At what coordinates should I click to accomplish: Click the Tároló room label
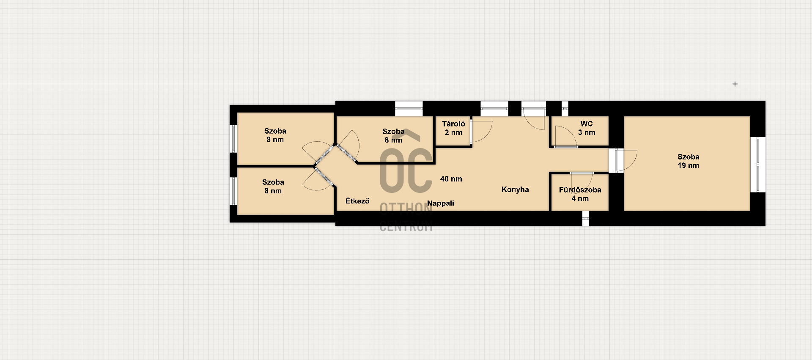click(453, 124)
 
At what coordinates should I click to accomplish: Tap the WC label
click(587, 124)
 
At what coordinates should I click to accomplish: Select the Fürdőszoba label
click(580, 190)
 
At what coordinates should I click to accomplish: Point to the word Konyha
click(515, 190)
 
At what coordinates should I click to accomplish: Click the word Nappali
click(441, 203)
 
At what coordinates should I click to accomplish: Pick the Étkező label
click(357, 201)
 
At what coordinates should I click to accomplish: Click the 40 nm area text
click(451, 179)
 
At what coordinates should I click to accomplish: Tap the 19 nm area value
click(689, 165)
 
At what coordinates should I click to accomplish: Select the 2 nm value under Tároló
click(453, 132)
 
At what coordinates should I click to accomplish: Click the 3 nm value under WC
click(587, 132)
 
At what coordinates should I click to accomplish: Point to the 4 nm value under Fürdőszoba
click(580, 198)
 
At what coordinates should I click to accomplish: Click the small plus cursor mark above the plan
click(735, 84)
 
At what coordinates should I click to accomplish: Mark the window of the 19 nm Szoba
click(758, 164)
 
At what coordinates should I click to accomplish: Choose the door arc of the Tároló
click(486, 133)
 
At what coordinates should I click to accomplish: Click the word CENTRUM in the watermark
click(406, 226)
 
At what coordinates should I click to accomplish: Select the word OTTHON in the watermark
click(406, 209)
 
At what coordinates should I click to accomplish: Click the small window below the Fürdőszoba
click(586, 218)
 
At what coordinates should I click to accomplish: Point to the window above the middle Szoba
click(409, 108)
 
